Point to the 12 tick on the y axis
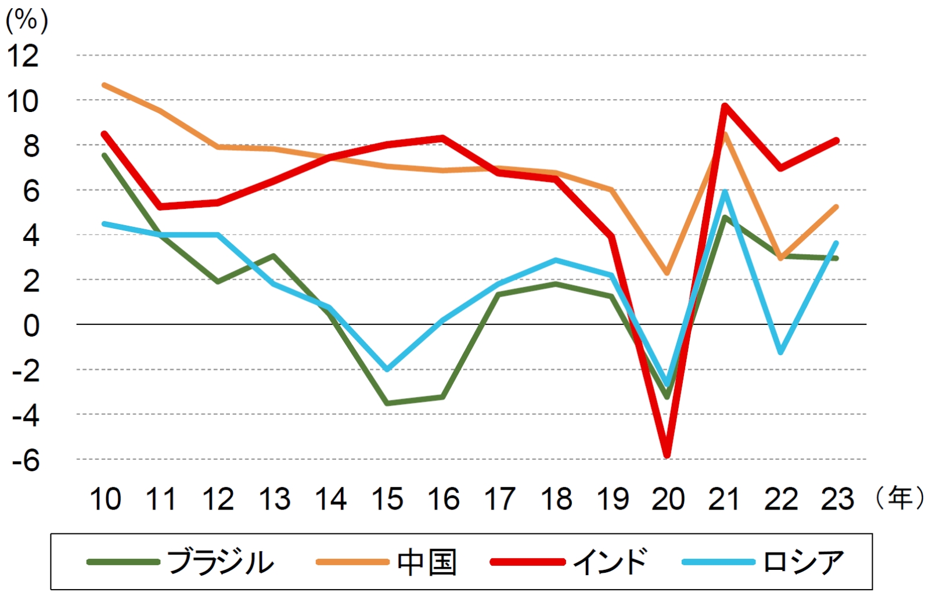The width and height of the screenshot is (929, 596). pos(23,56)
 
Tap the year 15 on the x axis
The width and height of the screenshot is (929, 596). pos(387,499)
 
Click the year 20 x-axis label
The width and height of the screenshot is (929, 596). pos(668,499)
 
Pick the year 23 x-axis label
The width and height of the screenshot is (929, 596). pos(837,499)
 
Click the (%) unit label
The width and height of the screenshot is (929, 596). pos(27,21)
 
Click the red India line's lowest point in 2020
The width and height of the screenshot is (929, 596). pos(667,456)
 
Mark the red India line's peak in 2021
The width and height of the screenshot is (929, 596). pos(724,106)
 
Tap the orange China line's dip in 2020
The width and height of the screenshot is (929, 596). pos(667,273)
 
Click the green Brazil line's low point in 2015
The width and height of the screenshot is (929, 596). pos(387,403)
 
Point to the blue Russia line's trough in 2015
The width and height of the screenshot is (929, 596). pos(387,369)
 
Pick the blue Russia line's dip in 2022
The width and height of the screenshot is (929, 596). pos(780,352)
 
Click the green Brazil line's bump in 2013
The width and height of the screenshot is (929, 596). pos(273,255)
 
